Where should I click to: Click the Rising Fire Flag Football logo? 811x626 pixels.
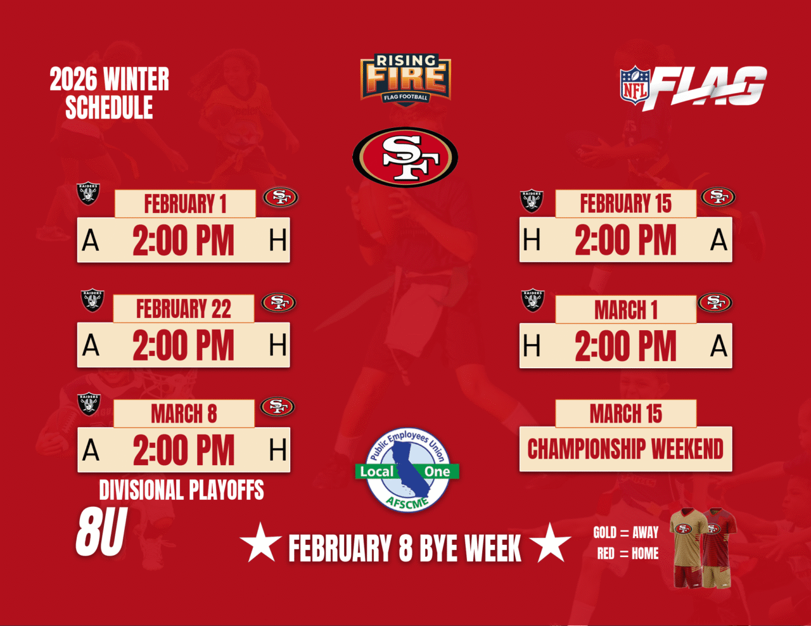(x=405, y=80)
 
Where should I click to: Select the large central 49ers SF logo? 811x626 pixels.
(x=405, y=157)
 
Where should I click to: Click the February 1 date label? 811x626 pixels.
(x=185, y=203)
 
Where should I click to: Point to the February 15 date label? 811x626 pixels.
(x=625, y=203)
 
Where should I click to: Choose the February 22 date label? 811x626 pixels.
(x=183, y=309)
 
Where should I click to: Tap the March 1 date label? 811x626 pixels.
(x=625, y=310)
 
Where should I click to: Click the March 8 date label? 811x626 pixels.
(x=184, y=413)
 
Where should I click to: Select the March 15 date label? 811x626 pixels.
(x=625, y=413)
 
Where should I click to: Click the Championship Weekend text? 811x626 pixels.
(x=625, y=449)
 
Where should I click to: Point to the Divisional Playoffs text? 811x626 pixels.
(x=181, y=490)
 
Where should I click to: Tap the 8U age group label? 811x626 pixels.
(x=101, y=532)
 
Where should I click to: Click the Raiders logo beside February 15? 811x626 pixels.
(x=532, y=201)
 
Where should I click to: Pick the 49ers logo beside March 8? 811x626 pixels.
(x=278, y=407)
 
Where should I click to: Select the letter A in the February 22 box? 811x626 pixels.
(x=91, y=345)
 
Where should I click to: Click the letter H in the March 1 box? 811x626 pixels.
(x=532, y=345)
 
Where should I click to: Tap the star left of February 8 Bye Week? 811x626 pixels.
(x=261, y=542)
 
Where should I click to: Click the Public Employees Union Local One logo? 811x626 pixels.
(x=407, y=470)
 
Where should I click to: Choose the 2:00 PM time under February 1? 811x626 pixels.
(x=183, y=240)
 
